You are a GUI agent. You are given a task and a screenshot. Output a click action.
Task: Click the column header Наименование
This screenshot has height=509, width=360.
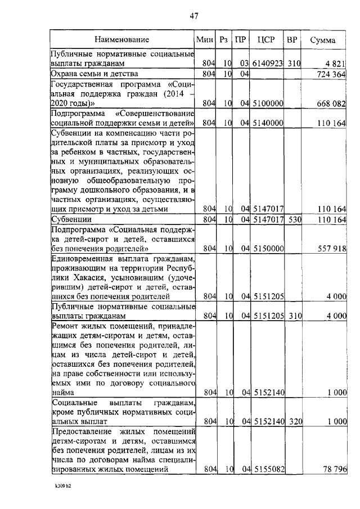click(x=121, y=40)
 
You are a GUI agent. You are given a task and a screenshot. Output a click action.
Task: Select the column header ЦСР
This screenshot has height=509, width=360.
click(x=265, y=40)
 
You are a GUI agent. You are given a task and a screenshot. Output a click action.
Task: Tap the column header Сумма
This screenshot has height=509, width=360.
click(x=323, y=40)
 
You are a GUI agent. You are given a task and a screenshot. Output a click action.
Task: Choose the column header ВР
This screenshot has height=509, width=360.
click(x=292, y=40)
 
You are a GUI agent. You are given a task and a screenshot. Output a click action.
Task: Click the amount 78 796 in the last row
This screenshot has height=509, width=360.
click(x=333, y=469)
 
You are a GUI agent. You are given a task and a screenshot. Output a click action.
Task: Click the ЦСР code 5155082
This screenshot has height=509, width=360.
click(x=268, y=469)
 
